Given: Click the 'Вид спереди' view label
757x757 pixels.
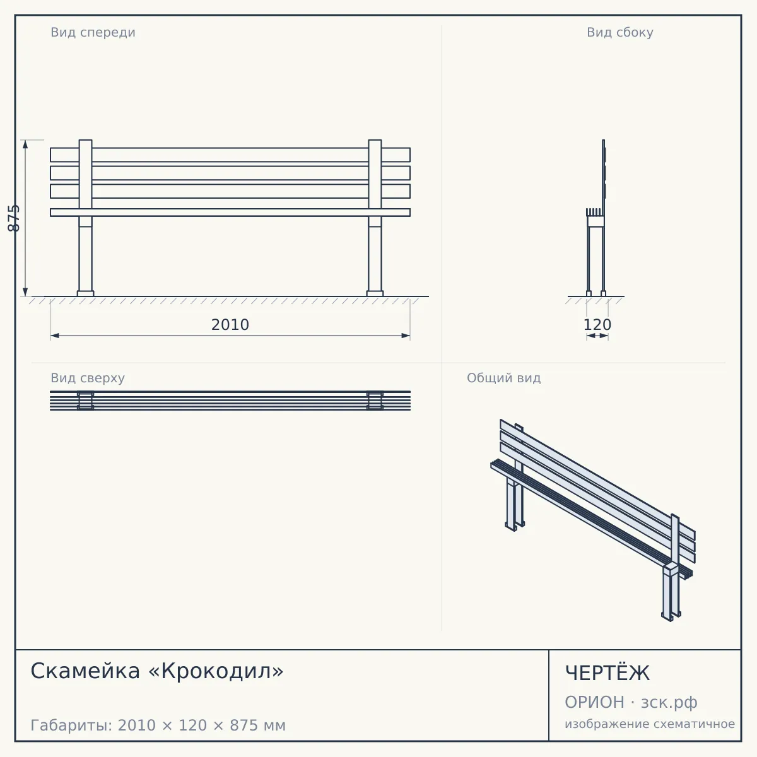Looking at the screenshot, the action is point(93,32).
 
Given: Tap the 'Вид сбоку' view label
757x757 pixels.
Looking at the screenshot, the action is point(620,32).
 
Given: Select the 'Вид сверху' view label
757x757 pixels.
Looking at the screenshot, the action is point(88,378).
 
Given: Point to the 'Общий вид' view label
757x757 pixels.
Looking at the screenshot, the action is point(503,378).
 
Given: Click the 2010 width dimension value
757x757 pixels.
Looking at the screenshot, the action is point(230,325).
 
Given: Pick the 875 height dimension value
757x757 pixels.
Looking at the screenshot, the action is point(14,218).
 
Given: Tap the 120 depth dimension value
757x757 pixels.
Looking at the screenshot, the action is point(597,325).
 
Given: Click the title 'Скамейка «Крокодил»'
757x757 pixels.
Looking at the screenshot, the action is point(156,671).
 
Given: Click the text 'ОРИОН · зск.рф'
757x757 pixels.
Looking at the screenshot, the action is point(631,702).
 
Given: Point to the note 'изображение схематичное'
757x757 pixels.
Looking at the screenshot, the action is point(650,724).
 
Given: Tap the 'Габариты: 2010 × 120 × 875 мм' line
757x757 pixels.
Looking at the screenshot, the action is point(158,725).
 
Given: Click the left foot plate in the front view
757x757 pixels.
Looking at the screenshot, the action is point(86,293).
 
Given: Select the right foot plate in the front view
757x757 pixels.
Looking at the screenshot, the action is point(375,293).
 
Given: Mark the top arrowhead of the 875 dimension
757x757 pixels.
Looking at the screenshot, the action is point(25,144).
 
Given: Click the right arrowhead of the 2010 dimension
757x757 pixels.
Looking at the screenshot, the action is point(406,336).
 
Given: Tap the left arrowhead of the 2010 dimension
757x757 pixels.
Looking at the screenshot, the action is point(55,336).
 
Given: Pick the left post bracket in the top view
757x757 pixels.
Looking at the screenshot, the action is point(86,401).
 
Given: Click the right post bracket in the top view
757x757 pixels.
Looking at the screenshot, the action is point(375,401).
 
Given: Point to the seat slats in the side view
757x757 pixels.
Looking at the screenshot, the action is point(594,212).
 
